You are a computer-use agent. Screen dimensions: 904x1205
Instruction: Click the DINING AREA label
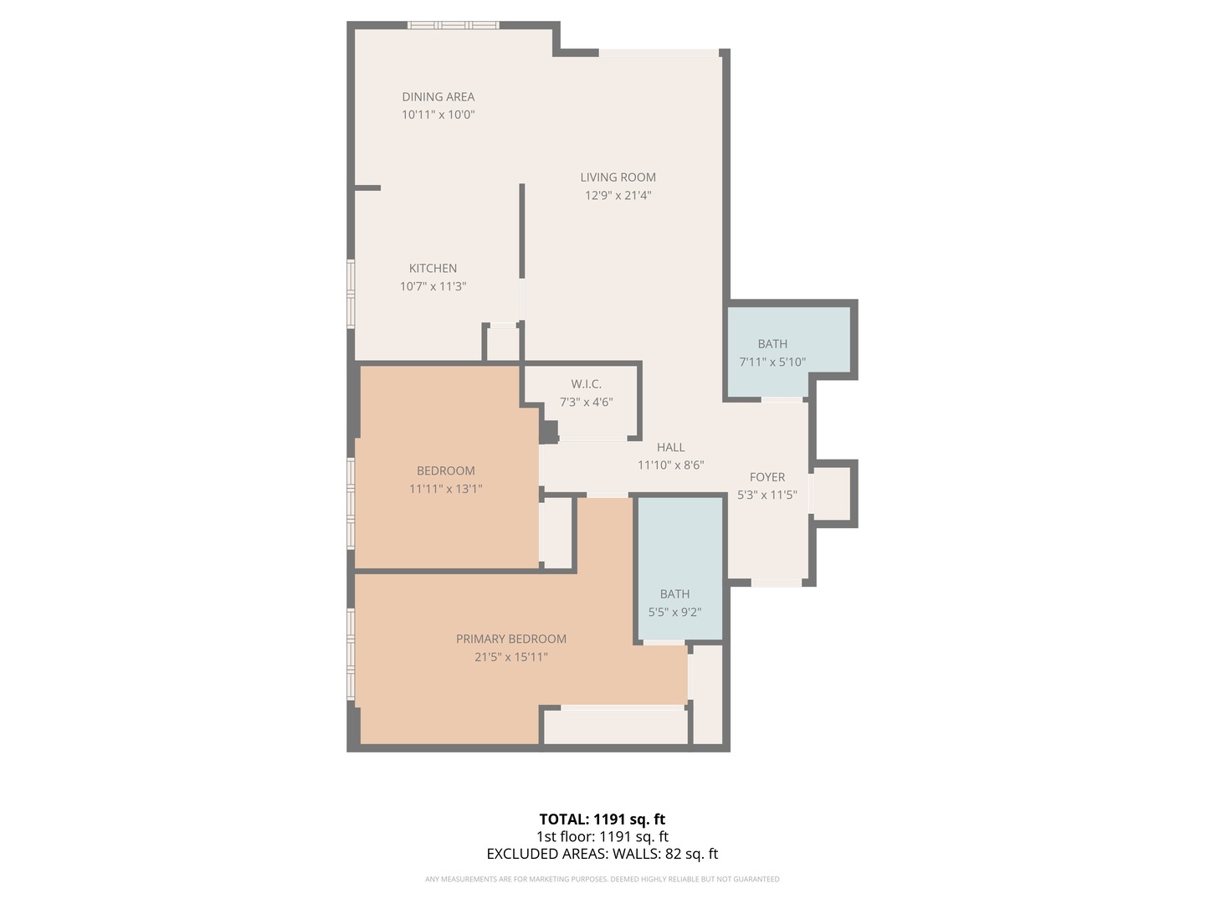438,97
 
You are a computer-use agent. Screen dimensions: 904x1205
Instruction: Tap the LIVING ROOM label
618,177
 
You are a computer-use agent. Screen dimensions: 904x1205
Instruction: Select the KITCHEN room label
433,269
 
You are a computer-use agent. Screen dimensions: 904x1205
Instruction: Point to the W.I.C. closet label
586,384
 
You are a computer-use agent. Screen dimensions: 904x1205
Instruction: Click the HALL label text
670,448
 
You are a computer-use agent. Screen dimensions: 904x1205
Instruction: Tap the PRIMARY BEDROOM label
510,639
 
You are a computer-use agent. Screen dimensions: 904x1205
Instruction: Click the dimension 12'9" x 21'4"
618,196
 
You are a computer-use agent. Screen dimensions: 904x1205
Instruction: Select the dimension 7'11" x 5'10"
772,362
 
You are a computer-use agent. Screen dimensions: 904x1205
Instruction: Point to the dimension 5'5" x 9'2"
674,613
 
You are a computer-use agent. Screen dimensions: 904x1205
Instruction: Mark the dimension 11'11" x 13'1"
445,490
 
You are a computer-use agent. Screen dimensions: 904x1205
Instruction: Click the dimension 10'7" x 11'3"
433,287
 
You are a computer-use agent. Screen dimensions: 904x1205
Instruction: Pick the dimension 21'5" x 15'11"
510,658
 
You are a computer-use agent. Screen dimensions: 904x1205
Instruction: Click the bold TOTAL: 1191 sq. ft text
602,819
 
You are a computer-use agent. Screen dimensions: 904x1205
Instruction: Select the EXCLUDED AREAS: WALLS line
602,855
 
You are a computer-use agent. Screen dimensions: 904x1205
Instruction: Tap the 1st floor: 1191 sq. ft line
602,837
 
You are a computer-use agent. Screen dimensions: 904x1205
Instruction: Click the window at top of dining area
453,25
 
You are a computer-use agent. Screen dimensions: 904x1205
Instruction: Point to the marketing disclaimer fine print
602,880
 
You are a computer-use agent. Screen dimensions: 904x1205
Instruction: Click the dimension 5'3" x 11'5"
767,496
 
